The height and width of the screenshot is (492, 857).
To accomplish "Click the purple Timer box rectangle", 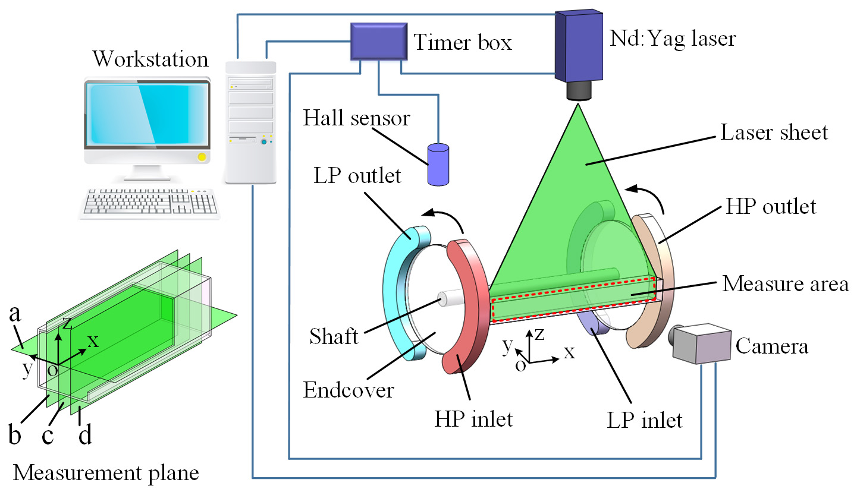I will click(378, 42).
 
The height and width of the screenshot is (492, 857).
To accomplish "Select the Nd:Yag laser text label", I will click(673, 39).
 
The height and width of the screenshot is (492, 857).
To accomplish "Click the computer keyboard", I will click(149, 202).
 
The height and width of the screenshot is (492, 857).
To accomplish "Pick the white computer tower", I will click(250, 122).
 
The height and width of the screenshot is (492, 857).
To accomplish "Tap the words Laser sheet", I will click(774, 132).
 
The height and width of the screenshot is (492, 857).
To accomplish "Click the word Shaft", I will click(334, 337).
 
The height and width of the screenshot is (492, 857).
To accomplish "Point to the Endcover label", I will click(348, 390).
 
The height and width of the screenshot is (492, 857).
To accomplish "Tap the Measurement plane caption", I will click(106, 473).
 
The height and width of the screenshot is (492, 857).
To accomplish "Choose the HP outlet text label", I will click(771, 207).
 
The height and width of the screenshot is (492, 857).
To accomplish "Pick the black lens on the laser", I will click(577, 90).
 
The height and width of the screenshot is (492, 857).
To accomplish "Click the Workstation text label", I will click(150, 59).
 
